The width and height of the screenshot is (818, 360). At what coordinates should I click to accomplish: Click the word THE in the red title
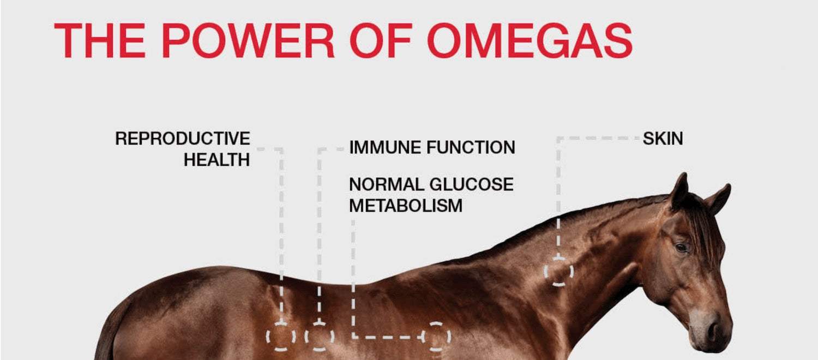tap(99, 40)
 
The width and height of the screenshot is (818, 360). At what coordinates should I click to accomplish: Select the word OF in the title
tap(381, 40)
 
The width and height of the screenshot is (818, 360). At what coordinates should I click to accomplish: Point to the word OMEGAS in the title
tap(530, 40)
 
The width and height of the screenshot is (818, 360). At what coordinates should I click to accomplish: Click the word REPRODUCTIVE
tap(183, 139)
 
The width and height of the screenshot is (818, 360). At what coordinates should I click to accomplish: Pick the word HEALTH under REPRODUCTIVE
tap(217, 160)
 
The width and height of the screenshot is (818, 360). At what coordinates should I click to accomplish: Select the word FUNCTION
tap(471, 147)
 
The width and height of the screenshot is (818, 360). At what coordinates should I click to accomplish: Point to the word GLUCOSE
tap(472, 184)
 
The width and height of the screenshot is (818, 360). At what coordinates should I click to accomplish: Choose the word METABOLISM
tap(406, 206)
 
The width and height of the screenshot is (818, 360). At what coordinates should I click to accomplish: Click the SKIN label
tap(663, 139)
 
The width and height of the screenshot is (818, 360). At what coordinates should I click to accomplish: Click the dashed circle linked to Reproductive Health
tap(267, 337)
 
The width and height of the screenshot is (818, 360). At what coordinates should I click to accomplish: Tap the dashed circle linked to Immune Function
tap(305, 337)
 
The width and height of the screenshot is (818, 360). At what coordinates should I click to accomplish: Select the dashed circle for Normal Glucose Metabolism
tap(450, 337)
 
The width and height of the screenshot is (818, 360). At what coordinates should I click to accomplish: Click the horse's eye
tap(682, 248)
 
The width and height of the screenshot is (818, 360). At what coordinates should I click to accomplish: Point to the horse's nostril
tap(713, 331)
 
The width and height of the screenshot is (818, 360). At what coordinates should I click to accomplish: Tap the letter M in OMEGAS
tap(485, 40)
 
